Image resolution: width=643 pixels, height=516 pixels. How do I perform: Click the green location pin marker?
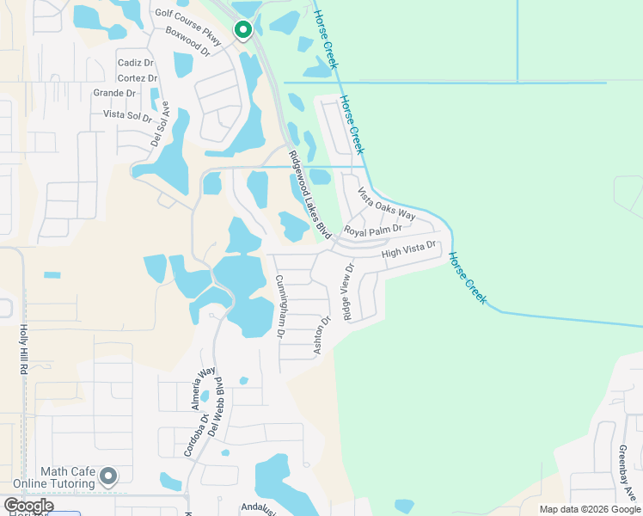coord(243,31)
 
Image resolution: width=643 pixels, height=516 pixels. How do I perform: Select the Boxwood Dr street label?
coord(187,45)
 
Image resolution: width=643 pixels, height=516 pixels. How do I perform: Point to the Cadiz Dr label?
coord(136,63)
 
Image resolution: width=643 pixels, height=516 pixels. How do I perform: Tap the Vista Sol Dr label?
coord(127,114)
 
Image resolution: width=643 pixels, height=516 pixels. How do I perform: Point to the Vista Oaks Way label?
coord(387,203)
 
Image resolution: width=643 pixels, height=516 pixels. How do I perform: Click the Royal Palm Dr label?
coord(373,230)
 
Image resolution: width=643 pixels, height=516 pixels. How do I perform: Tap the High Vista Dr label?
coord(410,249)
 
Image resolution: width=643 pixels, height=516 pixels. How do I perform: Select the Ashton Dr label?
coord(321,336)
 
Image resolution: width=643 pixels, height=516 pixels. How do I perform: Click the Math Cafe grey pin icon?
coord(108,476)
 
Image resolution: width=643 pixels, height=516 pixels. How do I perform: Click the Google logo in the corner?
coord(28,507)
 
